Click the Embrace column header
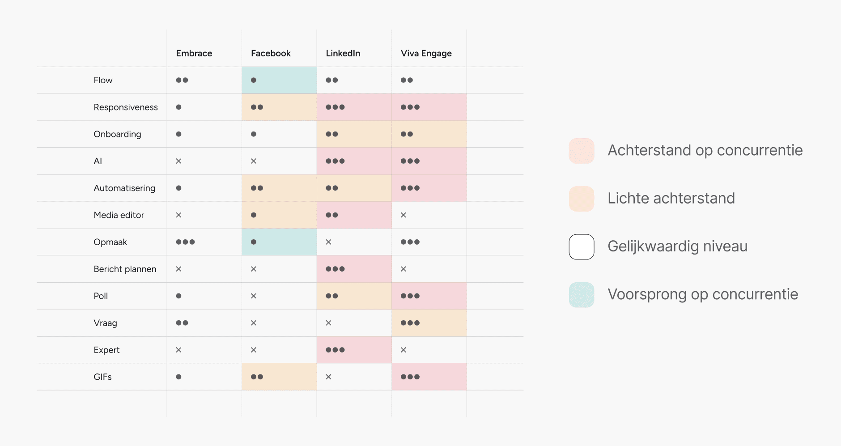tap(194, 53)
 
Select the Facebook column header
tap(271, 53)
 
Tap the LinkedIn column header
tap(343, 53)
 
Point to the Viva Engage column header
tap(426, 54)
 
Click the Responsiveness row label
tap(126, 107)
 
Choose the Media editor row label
tap(119, 215)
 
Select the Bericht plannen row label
tap(125, 269)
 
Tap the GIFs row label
tap(103, 377)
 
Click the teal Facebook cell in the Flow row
tap(279, 80)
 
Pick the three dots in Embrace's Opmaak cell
tap(185, 242)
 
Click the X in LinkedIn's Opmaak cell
tap(328, 242)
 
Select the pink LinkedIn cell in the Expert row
tap(354, 350)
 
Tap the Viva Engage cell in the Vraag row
tap(429, 323)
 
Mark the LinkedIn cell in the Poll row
tap(354, 296)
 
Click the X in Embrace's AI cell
tap(178, 161)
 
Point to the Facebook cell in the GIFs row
tap(279, 377)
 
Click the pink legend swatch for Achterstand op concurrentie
tap(582, 151)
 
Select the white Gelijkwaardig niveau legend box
tap(582, 247)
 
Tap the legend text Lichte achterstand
tap(671, 198)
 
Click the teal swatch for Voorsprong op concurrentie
tap(582, 295)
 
